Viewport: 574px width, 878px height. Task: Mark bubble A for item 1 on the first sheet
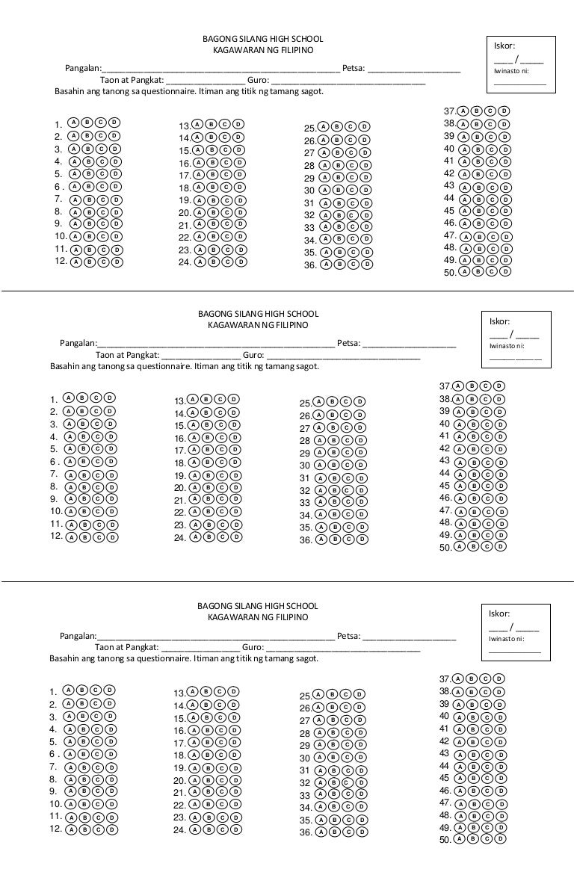(73, 123)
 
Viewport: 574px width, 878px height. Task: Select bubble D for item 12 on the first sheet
(117, 262)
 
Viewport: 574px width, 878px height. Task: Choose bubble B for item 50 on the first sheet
(477, 272)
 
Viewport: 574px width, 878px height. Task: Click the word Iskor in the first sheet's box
(504, 46)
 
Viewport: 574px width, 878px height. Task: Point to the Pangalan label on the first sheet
(83, 69)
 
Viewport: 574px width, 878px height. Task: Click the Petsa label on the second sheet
(348, 344)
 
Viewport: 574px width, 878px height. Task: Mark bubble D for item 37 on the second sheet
(499, 386)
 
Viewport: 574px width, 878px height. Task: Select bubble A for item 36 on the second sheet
(319, 539)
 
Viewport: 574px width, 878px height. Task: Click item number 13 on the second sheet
(179, 401)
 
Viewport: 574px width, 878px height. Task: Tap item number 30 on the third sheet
(304, 758)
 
